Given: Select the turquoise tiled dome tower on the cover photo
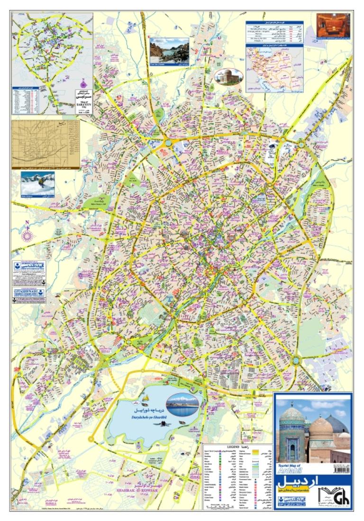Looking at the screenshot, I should click(290, 431).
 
